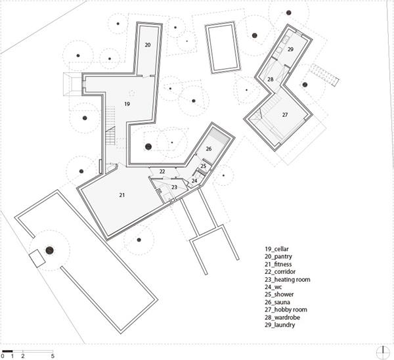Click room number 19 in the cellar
click(127, 104)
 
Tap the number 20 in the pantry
click(148, 45)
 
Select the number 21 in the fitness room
click(122, 195)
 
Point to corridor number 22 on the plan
click(162, 171)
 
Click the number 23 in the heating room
click(174, 187)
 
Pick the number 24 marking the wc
click(194, 181)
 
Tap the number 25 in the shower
click(204, 166)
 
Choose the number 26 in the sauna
click(209, 149)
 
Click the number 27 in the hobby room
click(285, 115)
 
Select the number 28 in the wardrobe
click(271, 79)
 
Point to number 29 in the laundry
click(290, 49)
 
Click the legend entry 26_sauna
click(277, 302)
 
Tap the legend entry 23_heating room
click(287, 280)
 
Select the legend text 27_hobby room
click(286, 309)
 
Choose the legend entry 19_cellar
click(276, 249)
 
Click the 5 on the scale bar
click(53, 356)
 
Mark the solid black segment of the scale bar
click(7, 351)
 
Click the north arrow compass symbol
click(383, 353)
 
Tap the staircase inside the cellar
click(110, 125)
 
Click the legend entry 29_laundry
click(280, 325)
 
